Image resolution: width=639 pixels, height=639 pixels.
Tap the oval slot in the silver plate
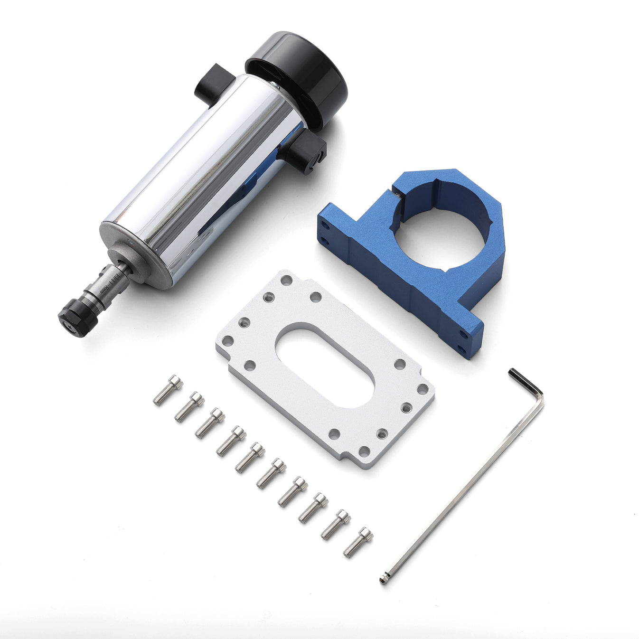[x=325, y=366]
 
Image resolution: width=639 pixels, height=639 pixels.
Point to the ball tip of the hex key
[x=383, y=579]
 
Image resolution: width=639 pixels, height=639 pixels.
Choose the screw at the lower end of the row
[x=358, y=542]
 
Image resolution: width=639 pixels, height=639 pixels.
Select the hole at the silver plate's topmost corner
[x=286, y=280]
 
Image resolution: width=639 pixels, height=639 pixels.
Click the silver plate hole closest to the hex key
[x=423, y=389]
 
